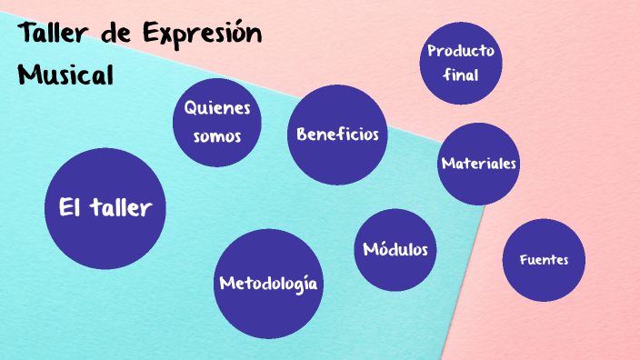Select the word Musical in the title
65,74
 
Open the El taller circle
105,209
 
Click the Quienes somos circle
217,123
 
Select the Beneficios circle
337,135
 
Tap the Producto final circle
461,63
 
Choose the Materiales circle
479,164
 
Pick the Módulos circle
395,250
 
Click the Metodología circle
269,283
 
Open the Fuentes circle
544,260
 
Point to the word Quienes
217,108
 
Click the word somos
217,137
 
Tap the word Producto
461,50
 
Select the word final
461,75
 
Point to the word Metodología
269,284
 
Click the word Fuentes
544,260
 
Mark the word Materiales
479,164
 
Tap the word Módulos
395,250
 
